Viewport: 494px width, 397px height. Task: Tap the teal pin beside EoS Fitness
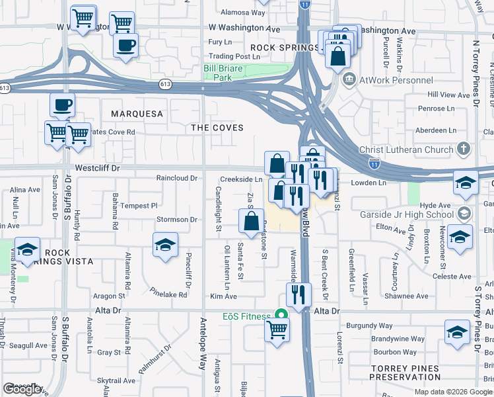tap(281, 316)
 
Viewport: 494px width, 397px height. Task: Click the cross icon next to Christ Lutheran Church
tap(464, 148)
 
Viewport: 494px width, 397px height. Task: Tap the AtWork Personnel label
tap(387, 80)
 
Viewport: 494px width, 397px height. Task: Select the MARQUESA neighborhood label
tap(137, 114)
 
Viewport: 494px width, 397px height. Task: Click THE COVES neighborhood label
tap(217, 127)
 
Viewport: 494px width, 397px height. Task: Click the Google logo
tap(22, 389)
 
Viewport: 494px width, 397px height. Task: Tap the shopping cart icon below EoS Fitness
tap(277, 329)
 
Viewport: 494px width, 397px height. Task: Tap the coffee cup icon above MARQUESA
tap(62, 105)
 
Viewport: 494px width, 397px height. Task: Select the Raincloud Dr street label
tap(176, 179)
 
